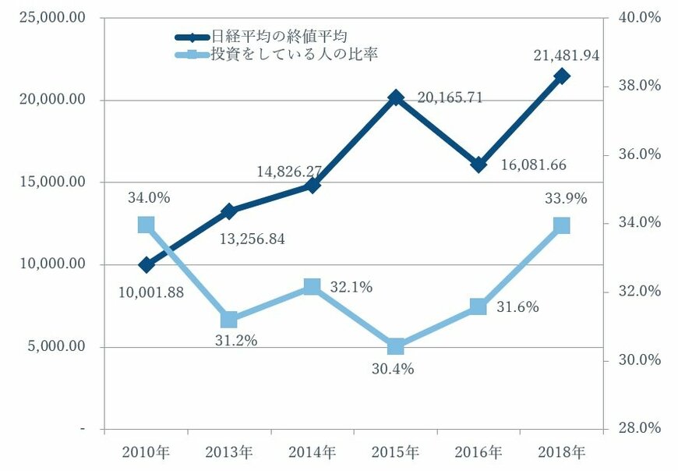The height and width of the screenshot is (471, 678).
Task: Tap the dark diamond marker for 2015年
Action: coord(396,97)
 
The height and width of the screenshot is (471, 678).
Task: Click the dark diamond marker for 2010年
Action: coord(147,265)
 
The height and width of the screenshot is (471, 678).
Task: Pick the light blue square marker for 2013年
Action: coord(229,320)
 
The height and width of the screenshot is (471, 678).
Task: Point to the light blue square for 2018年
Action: coord(562,225)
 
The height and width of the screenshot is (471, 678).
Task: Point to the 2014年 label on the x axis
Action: coord(313,452)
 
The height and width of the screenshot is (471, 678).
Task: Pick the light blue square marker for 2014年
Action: coord(313,287)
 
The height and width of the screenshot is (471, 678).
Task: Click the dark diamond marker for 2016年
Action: coord(478,165)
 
